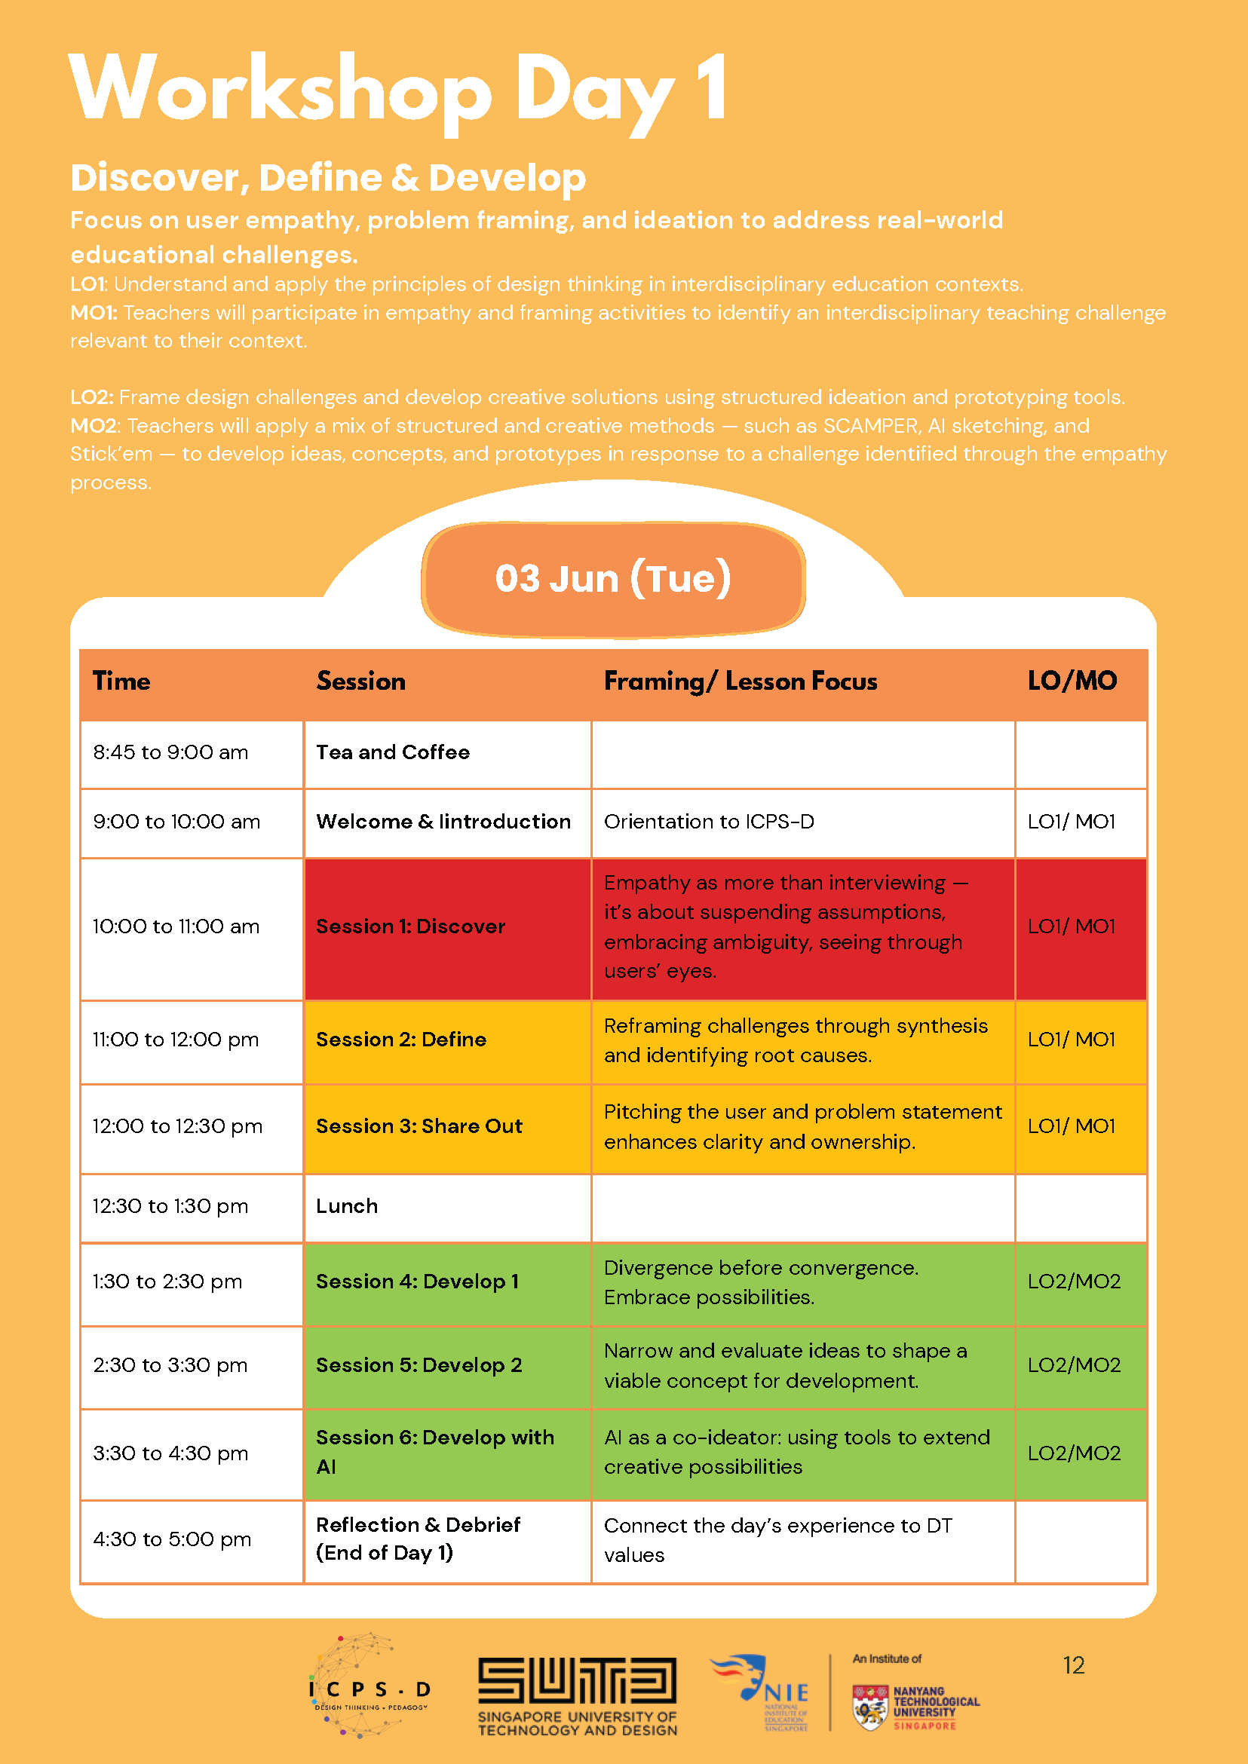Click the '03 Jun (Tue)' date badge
(x=612, y=578)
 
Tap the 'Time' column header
(x=121, y=681)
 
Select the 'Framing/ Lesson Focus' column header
(x=740, y=681)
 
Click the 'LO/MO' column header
(x=1072, y=681)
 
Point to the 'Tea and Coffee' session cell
(x=393, y=752)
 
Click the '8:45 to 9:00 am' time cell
(x=170, y=752)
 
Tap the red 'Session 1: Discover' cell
(x=411, y=926)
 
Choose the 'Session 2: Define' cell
(x=401, y=1040)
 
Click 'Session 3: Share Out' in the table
(x=419, y=1126)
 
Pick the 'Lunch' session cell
(x=347, y=1206)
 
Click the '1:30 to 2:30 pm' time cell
(x=167, y=1282)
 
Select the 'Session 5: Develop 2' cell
(x=419, y=1365)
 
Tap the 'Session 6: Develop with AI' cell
(x=434, y=1452)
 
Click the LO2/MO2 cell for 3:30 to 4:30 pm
(x=1074, y=1453)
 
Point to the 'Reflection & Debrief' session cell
(x=418, y=1539)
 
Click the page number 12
(x=1073, y=1665)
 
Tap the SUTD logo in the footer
(x=577, y=1695)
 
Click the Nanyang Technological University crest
(x=870, y=1707)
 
